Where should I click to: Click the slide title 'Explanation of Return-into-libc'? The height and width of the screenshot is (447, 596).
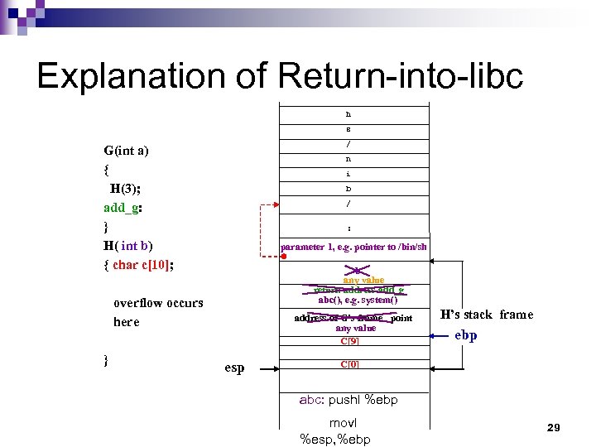(280, 76)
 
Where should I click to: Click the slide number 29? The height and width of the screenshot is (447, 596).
(554, 427)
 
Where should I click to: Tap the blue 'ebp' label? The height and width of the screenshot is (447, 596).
(466, 335)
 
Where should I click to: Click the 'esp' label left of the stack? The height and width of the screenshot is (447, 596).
(234, 368)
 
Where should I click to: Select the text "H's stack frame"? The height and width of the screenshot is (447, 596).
(486, 315)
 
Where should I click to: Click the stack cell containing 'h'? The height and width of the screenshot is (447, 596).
(348, 113)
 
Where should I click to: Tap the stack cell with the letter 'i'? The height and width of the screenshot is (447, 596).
(348, 174)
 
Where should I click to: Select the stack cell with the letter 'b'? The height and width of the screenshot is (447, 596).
(348, 189)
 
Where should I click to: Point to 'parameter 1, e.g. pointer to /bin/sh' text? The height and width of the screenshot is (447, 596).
(353, 247)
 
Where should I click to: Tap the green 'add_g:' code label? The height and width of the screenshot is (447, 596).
(123, 207)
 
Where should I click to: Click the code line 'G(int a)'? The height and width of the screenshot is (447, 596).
(126, 151)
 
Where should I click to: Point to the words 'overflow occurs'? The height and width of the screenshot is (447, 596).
(157, 303)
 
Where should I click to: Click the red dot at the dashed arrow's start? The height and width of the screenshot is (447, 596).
(282, 257)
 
